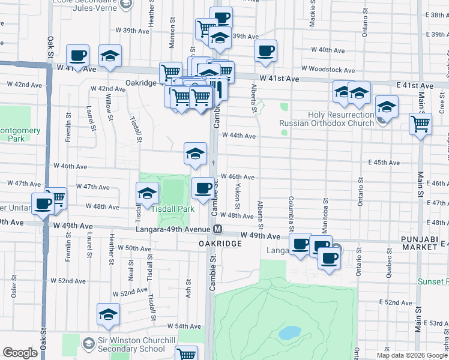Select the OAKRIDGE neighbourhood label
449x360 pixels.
point(220,244)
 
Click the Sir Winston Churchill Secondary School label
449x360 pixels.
point(131,344)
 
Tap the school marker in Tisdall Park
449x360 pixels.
point(147,194)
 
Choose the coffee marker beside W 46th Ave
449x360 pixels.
point(203,188)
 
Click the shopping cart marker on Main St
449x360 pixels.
point(421,124)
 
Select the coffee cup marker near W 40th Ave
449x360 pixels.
point(265,51)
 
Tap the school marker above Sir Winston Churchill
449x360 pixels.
point(109,314)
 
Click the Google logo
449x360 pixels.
point(20,353)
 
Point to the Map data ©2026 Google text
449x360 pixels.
point(412,355)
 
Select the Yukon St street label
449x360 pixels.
point(238,192)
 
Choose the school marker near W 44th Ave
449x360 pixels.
point(195,154)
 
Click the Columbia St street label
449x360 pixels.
point(291,212)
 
